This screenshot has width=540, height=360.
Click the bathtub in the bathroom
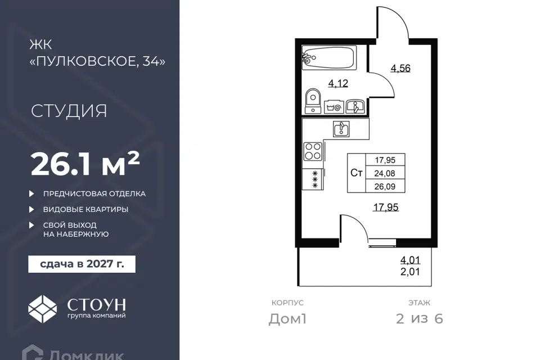click(x=329, y=57)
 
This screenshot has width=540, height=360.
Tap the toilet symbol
click(x=313, y=101)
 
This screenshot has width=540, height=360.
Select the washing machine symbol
click(x=334, y=107)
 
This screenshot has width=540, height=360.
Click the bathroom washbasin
click(x=355, y=106)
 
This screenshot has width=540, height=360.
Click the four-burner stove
click(x=313, y=151)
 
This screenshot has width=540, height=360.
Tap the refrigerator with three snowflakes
click(x=313, y=179)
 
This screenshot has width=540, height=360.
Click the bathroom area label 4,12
click(x=338, y=83)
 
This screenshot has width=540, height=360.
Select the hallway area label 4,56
click(x=400, y=68)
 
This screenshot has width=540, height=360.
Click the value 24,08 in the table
click(x=385, y=173)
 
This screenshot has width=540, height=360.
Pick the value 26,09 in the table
click(x=385, y=186)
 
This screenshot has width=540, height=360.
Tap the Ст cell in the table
click(x=356, y=173)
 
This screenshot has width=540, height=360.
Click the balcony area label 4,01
click(x=410, y=260)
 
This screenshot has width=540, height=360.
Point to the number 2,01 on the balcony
click(x=410, y=272)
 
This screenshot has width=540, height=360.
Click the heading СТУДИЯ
click(x=69, y=111)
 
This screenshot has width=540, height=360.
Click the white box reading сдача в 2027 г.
click(x=82, y=264)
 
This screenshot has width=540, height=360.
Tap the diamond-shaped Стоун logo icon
click(x=42, y=309)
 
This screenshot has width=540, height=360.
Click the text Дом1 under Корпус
click(x=287, y=319)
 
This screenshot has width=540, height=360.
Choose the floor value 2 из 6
click(x=420, y=319)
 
